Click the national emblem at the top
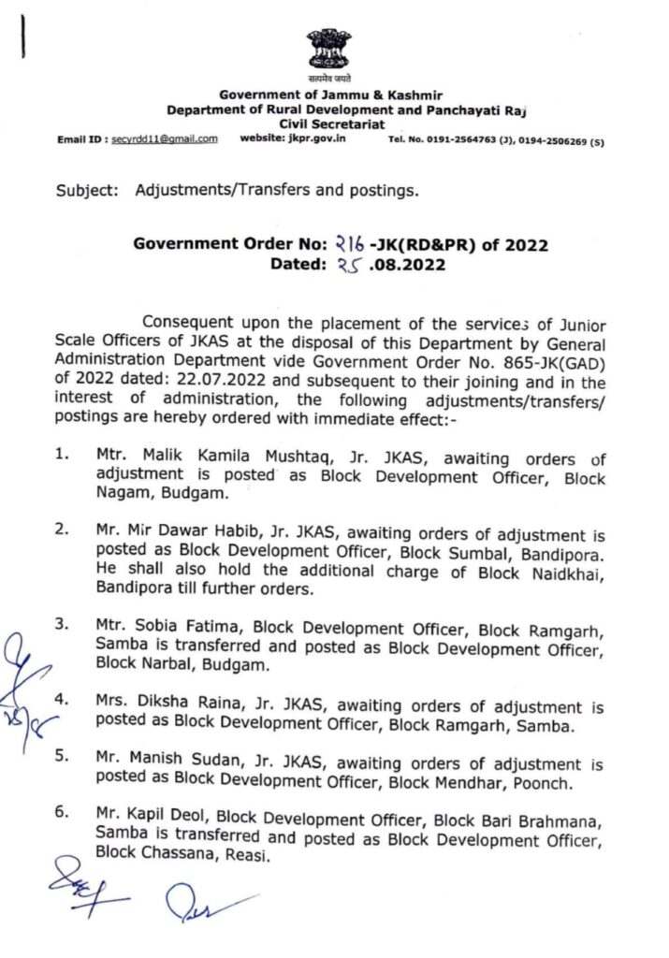329,52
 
